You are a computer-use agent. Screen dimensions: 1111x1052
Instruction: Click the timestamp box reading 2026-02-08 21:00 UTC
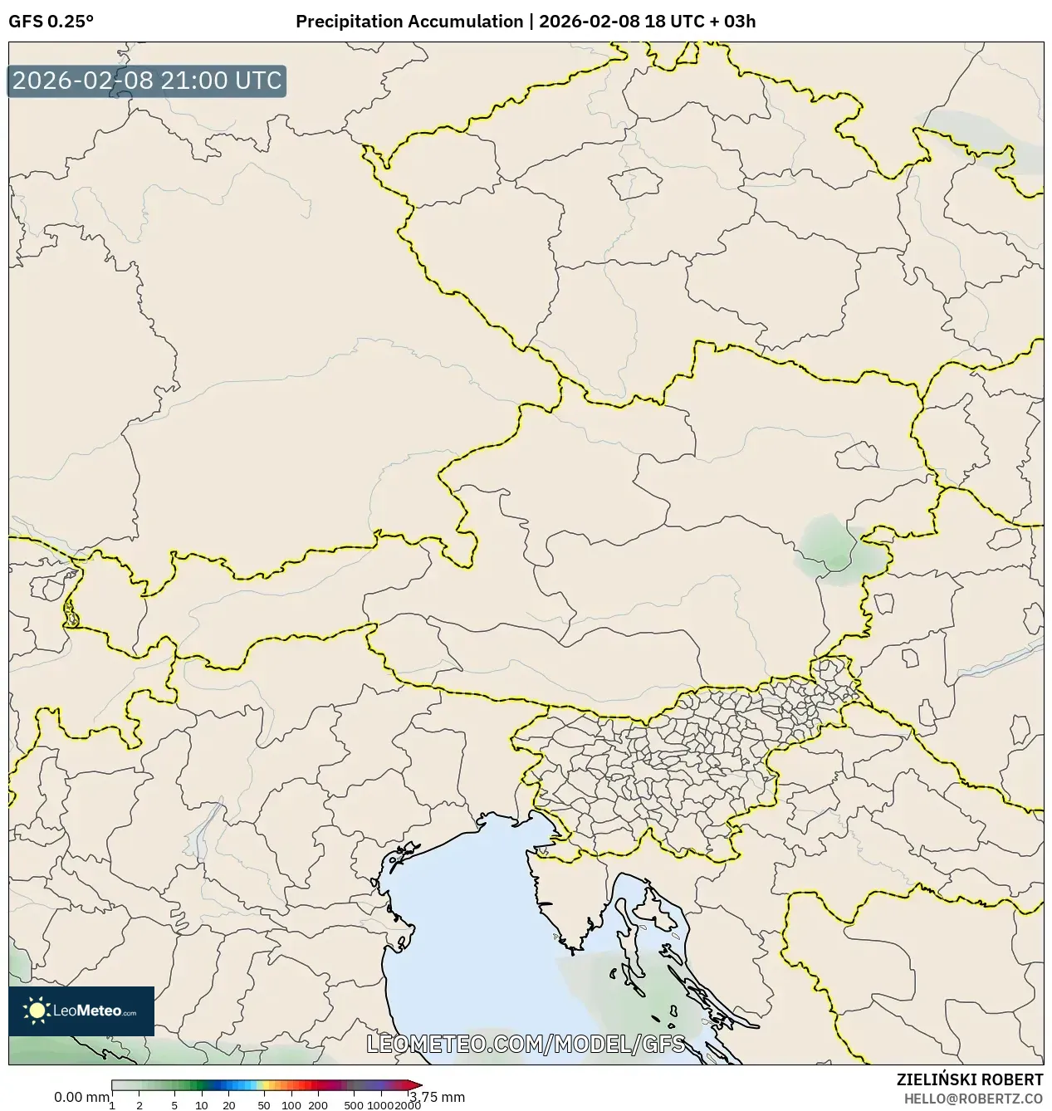pyautogui.click(x=147, y=81)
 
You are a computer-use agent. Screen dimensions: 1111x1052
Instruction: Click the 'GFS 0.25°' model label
pyautogui.click(x=51, y=22)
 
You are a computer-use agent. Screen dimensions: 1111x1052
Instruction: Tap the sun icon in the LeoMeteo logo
pyautogui.click(x=37, y=1011)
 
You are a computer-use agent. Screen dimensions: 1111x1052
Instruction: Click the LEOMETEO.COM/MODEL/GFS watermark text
pyautogui.click(x=526, y=1044)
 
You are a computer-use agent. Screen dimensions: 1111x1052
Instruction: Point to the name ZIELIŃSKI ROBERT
pyautogui.click(x=969, y=1079)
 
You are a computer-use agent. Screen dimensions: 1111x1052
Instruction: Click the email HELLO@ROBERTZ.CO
pyautogui.click(x=973, y=1098)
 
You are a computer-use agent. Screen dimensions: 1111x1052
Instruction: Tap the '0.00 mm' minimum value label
pyautogui.click(x=81, y=1097)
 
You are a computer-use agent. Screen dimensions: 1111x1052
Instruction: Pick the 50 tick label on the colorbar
pyautogui.click(x=264, y=1104)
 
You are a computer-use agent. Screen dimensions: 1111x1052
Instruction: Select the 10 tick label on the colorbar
pyautogui.click(x=202, y=1104)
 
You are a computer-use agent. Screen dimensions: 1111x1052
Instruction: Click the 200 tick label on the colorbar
pyautogui.click(x=318, y=1104)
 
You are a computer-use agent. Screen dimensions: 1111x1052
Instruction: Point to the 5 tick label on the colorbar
pyautogui.click(x=174, y=1104)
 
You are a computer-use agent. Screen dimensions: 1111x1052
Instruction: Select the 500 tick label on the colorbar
pyautogui.click(x=354, y=1104)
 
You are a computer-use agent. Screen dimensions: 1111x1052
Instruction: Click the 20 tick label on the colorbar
pyautogui.click(x=229, y=1104)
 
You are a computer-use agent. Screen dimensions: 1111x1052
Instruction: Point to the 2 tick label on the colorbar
pyautogui.click(x=139, y=1104)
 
